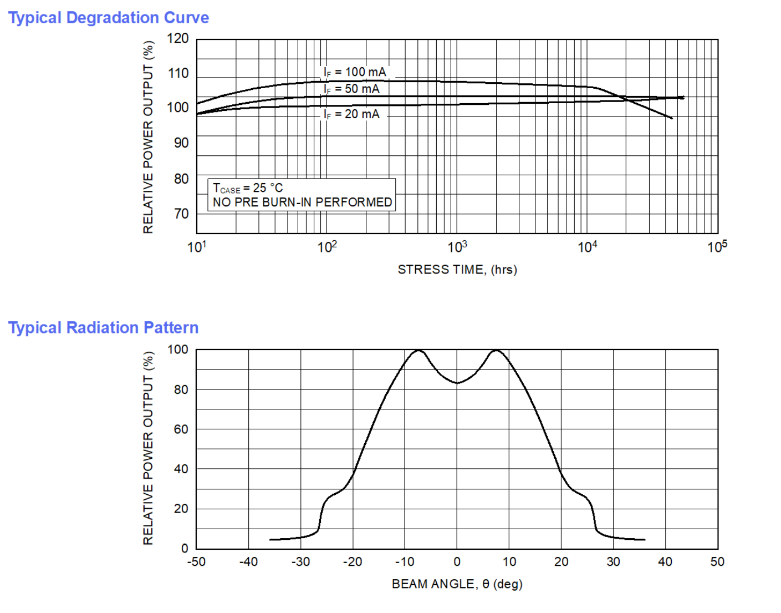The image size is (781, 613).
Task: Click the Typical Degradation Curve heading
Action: (109, 18)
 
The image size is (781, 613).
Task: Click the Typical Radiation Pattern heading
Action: (103, 328)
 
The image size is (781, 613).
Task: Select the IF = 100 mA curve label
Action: (355, 72)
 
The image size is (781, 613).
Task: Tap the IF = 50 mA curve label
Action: (351, 89)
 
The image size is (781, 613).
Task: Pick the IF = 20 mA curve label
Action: (351, 114)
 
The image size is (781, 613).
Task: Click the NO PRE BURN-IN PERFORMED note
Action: (302, 202)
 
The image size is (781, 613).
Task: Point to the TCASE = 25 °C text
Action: (248, 188)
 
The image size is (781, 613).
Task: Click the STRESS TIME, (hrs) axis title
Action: (457, 270)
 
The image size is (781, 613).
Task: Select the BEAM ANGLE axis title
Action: (457, 584)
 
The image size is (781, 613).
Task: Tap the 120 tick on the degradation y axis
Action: (178, 39)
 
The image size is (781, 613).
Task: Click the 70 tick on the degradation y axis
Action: (181, 214)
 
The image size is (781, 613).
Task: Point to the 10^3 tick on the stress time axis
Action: (457, 247)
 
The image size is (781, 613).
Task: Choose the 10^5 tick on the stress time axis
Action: (717, 247)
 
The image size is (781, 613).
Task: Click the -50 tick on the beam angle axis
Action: (196, 562)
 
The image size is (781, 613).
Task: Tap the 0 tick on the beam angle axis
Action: (457, 562)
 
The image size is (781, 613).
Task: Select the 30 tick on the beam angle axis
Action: (613, 562)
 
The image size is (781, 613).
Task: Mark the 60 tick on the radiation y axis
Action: (181, 429)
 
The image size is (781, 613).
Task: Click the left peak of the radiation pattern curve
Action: (418, 351)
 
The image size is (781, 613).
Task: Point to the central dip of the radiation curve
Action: (457, 383)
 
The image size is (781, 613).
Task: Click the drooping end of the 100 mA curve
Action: (671, 118)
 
